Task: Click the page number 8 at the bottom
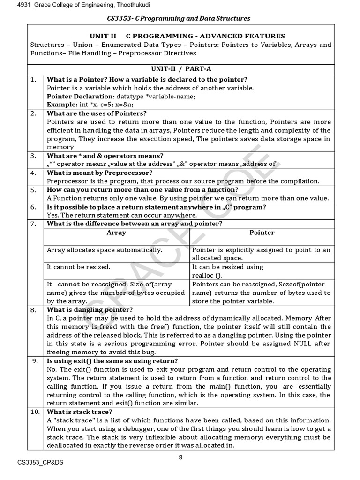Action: coord(180,458)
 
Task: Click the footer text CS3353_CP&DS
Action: coord(40,463)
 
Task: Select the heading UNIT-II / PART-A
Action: coord(181,68)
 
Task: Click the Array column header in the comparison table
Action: coord(116,232)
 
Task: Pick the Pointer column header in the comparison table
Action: coord(262,232)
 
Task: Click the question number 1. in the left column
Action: coord(34,80)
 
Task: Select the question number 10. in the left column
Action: coord(35,412)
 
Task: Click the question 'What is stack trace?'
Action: coord(80,412)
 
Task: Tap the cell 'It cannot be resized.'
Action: coord(79,267)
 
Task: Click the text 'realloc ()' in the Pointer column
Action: coord(207,275)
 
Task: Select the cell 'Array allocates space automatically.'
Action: coord(105,250)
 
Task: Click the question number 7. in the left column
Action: coord(34,224)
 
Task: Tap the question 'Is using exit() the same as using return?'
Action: coord(112,361)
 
